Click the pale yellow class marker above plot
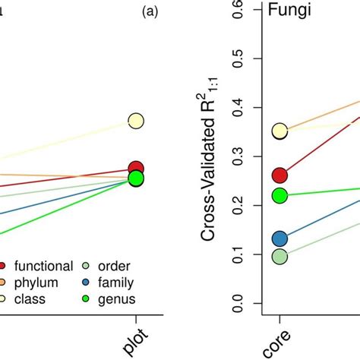(x=136, y=120)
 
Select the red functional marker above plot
(x=136, y=169)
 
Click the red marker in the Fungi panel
(x=280, y=175)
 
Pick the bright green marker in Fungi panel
(x=280, y=196)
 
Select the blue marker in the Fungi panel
(x=280, y=239)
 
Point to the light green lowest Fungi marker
(x=280, y=257)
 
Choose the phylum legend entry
(x=31, y=283)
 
